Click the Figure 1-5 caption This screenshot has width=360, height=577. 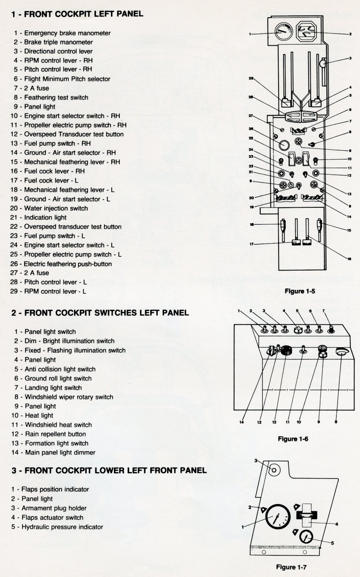tap(299, 291)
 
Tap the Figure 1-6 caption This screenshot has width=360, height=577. tap(293, 439)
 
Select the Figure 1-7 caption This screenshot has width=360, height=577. tap(291, 567)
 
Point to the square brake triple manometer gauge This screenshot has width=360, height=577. tap(306, 34)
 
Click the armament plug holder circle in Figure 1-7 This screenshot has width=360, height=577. tap(273, 470)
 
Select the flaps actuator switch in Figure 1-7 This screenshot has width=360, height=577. tap(306, 515)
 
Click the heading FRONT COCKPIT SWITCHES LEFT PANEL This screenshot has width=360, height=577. tap(100, 313)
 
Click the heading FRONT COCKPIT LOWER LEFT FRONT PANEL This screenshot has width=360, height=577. tap(109, 470)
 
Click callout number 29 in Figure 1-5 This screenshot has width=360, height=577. tap(251, 78)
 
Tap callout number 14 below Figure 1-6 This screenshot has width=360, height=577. tap(241, 422)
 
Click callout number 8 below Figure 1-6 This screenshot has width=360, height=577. tap(336, 422)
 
